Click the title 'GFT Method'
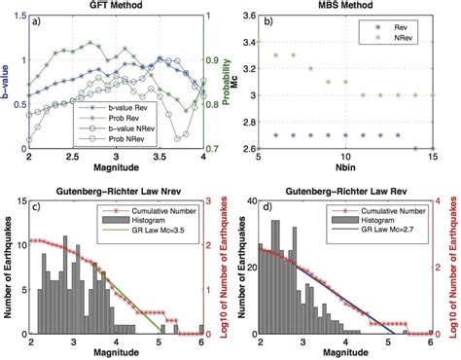[116, 7]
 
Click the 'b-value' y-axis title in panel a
[8, 82]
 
